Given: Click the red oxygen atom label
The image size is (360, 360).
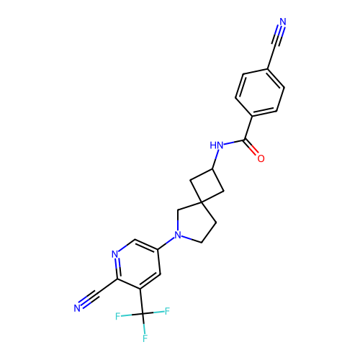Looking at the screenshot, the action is [x=261, y=158].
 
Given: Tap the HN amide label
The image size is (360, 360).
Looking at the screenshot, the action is [x=217, y=145].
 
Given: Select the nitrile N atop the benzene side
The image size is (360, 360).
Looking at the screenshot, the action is [x=283, y=22].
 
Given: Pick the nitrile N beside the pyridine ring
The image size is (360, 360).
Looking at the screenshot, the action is [x=77, y=308].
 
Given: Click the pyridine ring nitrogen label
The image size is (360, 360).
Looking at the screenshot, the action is [x=115, y=254].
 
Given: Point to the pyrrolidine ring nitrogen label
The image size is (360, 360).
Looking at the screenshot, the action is [x=178, y=235].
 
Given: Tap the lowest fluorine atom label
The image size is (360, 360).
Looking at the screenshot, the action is [x=145, y=338].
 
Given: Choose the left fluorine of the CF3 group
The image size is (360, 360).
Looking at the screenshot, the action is [x=117, y=316].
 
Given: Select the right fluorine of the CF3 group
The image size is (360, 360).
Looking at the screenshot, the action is [x=167, y=311].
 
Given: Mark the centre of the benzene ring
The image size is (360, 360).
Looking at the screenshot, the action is [x=260, y=93].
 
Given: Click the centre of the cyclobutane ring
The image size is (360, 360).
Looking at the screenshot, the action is [x=207, y=186].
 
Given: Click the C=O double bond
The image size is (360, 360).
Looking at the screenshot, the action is [x=252, y=148].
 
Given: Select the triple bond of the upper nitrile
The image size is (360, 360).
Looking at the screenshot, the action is [x=278, y=35].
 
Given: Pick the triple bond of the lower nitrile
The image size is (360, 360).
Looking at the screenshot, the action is [x=89, y=299].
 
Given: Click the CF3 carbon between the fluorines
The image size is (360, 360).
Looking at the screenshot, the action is [x=143, y=314].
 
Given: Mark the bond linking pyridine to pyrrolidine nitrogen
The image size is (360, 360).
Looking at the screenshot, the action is [x=166, y=243].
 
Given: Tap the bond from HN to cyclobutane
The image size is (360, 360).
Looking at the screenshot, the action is [x=215, y=159].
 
